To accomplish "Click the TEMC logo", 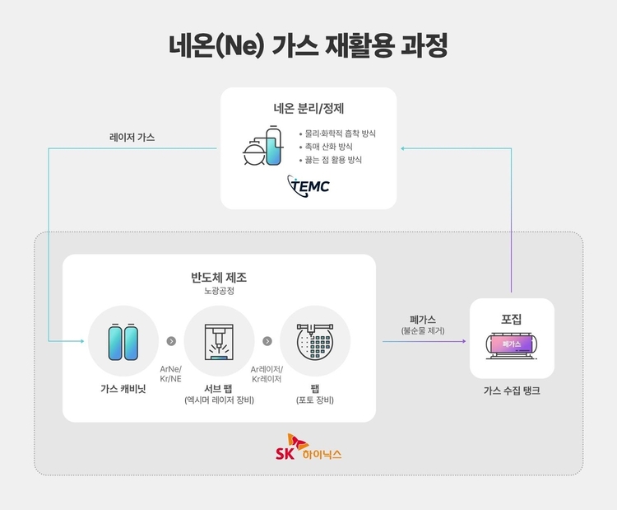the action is tap(308, 186).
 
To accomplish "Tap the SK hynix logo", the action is tap(308, 447).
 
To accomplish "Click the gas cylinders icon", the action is tap(123, 342).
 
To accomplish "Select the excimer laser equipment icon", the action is tap(219, 342).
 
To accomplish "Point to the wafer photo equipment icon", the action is tap(315, 341).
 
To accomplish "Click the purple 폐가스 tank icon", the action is tap(512, 345).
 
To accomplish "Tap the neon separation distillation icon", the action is tap(263, 146).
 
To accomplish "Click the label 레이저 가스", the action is tap(132, 137).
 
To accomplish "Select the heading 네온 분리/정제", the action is tap(308, 108).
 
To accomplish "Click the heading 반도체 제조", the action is tap(219, 278).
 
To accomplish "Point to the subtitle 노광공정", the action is tap(219, 291).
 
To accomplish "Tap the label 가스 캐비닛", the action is tap(123, 389).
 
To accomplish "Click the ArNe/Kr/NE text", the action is tap(171, 374).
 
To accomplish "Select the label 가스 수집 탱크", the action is tap(512, 391).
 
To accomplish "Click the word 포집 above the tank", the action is tap(512, 319).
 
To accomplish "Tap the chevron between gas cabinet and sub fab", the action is tap(171, 341).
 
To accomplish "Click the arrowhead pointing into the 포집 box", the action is tap(464, 341).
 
